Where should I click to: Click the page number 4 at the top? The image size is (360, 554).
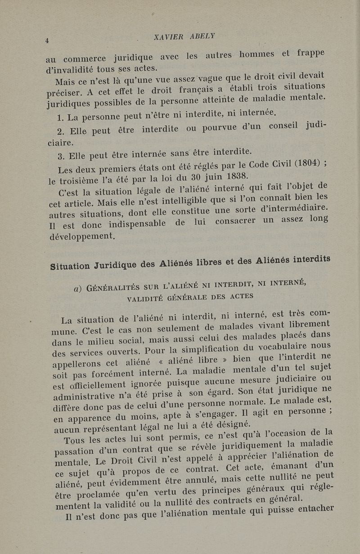pos(47,41)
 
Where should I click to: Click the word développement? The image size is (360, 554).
pos(82,236)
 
